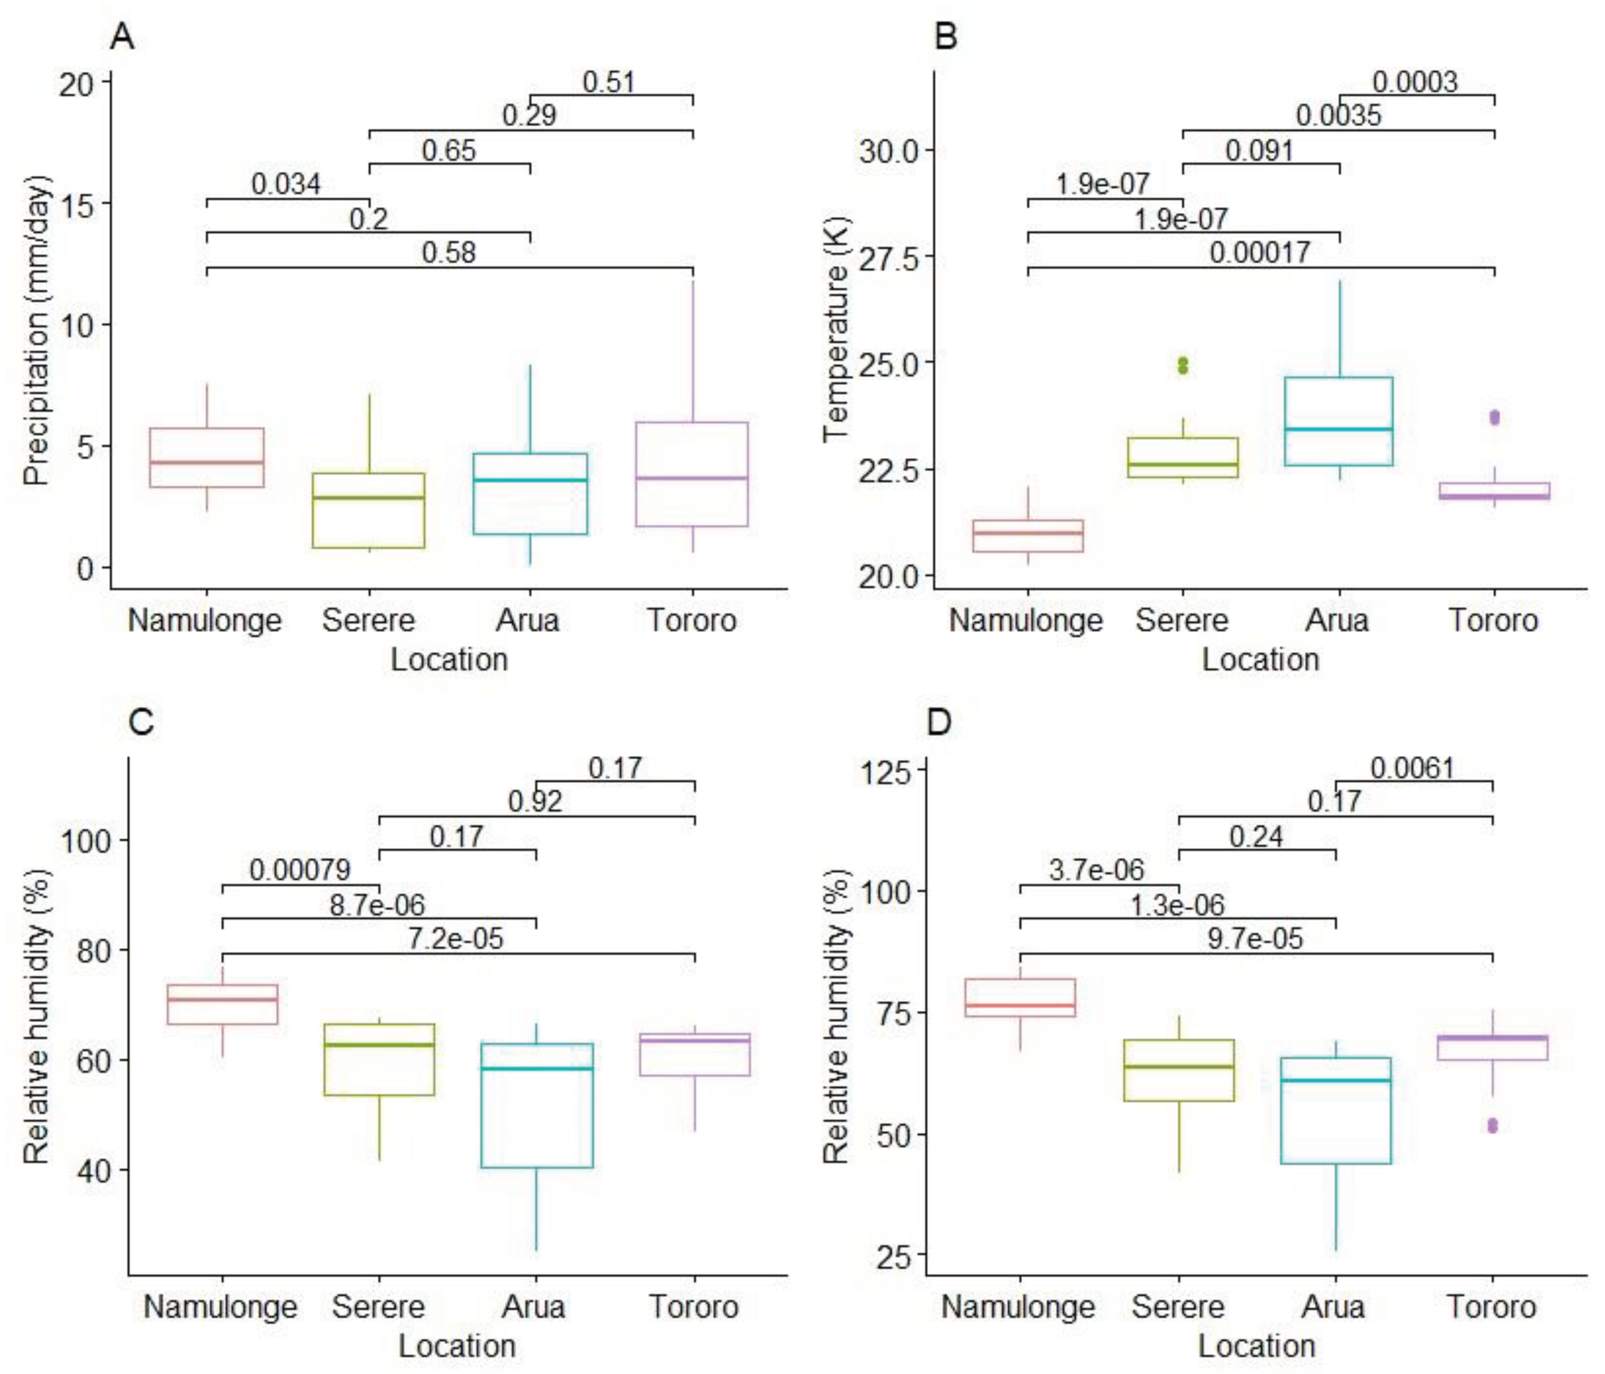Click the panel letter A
pos(123,36)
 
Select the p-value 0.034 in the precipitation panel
pos(286,184)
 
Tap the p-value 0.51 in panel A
pos(608,82)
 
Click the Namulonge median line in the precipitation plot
pos(207,462)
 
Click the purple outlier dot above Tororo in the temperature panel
pos(1494,417)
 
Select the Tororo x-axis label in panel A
pos(692,620)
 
